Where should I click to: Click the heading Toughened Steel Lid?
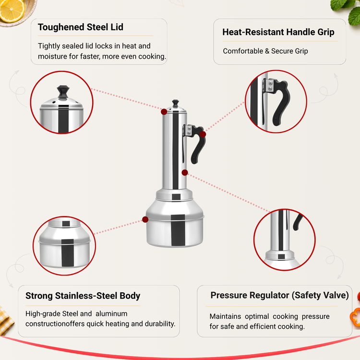coord(80,27)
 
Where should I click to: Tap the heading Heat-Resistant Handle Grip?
coord(278,32)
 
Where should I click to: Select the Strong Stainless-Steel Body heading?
coord(83,296)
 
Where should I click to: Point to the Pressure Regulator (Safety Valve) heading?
coord(280,295)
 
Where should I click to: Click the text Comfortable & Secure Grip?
coord(265,51)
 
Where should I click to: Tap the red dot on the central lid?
coord(164,112)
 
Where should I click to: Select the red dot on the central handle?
coord(203,134)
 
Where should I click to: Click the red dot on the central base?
coord(145,219)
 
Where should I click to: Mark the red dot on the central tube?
coord(185,172)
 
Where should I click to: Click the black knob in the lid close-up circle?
coord(63,92)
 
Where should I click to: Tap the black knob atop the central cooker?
coord(175,103)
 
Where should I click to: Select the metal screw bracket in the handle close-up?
coord(269,85)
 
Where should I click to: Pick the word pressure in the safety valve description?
coord(315,316)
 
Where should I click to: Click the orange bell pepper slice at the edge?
coord(355,317)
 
